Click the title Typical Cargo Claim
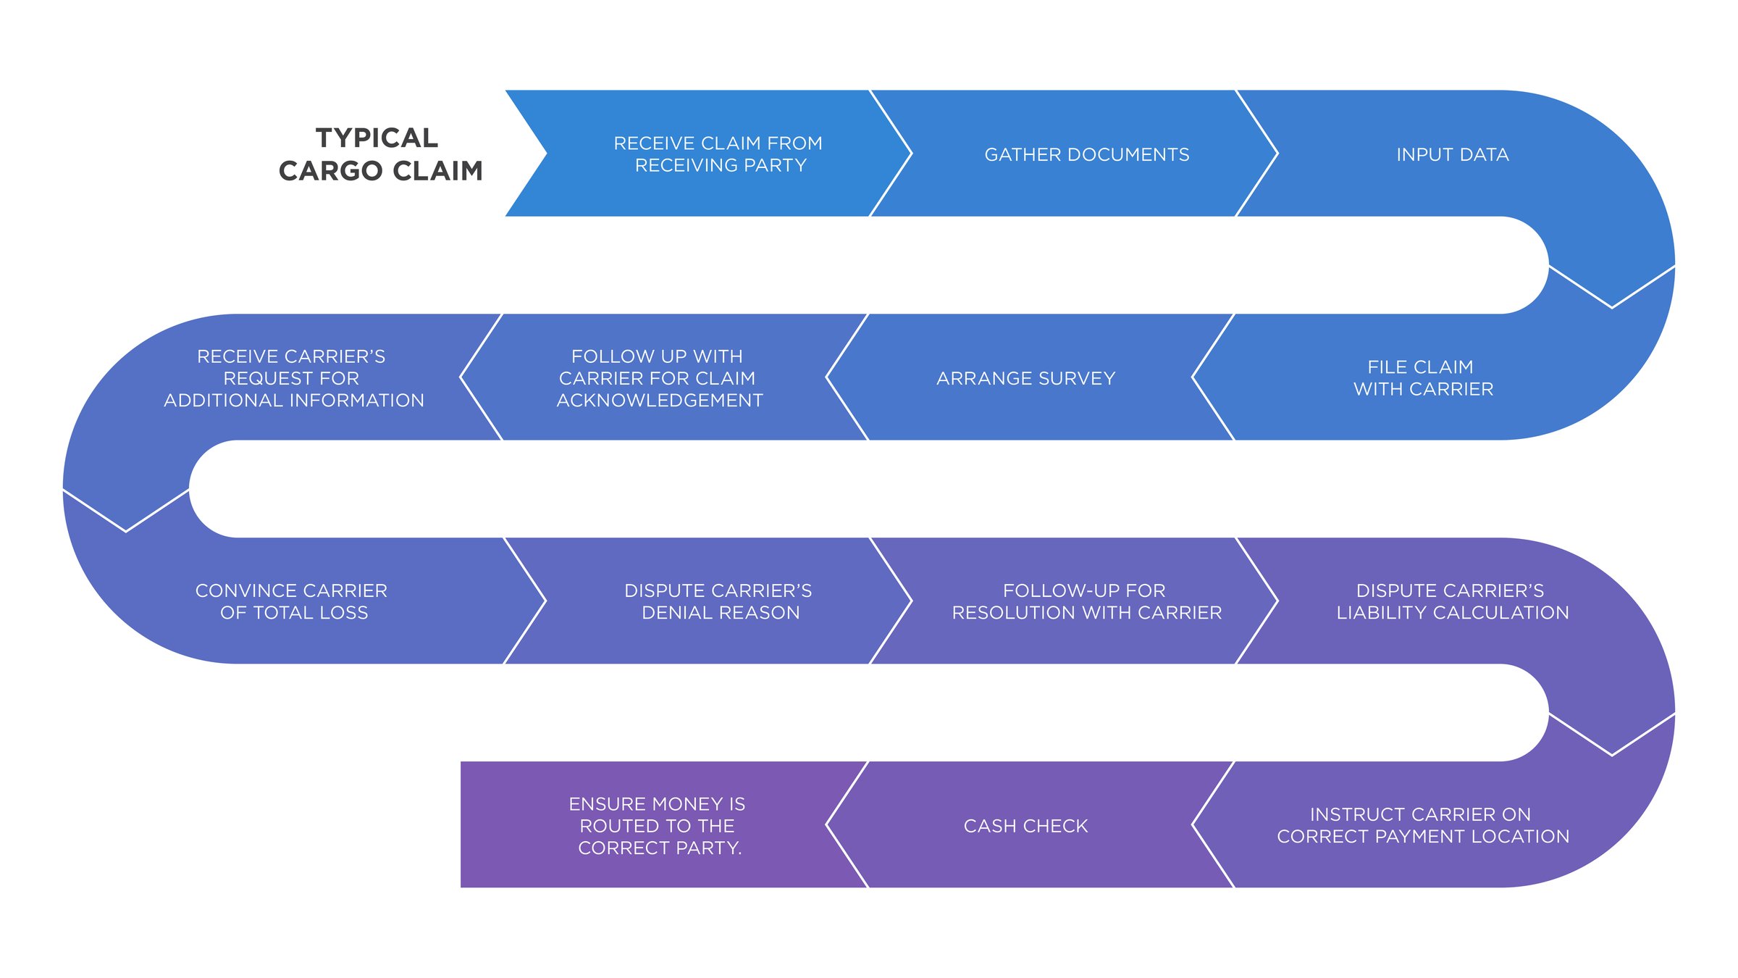pos(379,154)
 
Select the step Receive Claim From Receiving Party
pos(718,154)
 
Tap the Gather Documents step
pos(1086,154)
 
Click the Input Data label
pos(1453,154)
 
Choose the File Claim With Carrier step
pos(1423,377)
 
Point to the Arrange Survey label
pos(1025,378)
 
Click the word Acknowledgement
pos(660,401)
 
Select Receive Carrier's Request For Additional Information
pos(293,378)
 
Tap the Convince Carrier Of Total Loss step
pos(292,601)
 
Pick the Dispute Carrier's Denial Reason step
pos(718,601)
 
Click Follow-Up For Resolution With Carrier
pos(1086,601)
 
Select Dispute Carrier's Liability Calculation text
pos(1452,601)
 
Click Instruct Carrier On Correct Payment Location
pos(1423,825)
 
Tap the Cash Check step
pos(1025,826)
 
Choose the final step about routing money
pos(658,826)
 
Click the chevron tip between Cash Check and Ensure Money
pos(827,824)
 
